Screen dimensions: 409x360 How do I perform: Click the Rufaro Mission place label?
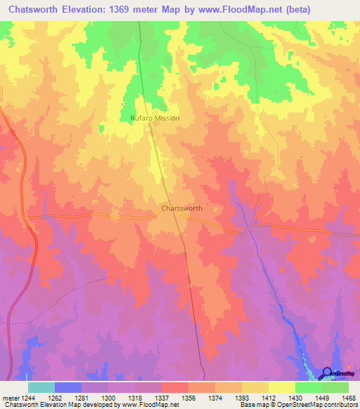pyautogui.click(x=155, y=118)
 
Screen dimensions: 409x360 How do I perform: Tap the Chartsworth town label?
pyautogui.click(x=182, y=209)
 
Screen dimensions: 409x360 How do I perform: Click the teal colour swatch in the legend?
pyautogui.click(x=41, y=387)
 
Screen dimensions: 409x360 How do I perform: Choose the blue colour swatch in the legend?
pyautogui.click(x=68, y=387)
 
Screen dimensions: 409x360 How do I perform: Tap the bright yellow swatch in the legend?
pyautogui.click(x=281, y=387)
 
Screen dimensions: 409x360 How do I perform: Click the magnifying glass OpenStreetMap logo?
pyautogui.click(x=328, y=375)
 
